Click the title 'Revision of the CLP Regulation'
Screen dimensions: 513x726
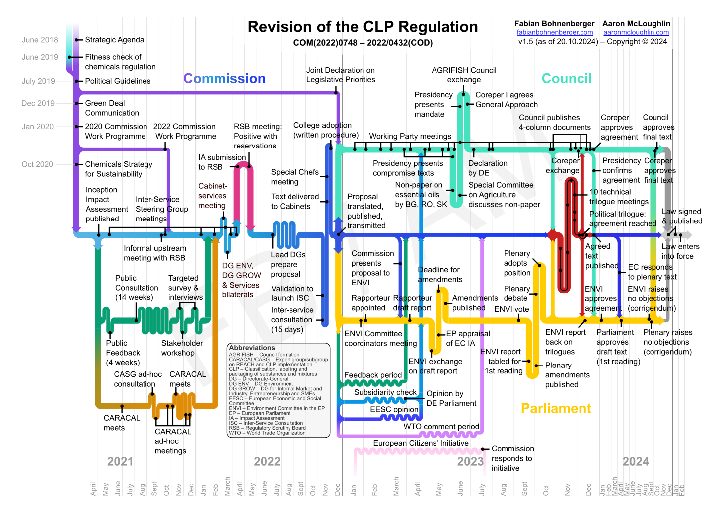point(363,27)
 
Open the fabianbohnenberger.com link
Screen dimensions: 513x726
point(555,32)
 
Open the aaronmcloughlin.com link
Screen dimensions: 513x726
point(636,32)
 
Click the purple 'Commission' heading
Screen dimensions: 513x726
point(224,79)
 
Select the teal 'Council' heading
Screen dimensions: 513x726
point(567,79)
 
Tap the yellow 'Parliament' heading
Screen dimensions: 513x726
point(556,408)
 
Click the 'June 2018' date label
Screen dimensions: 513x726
point(40,40)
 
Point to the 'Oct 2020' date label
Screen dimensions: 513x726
point(37,164)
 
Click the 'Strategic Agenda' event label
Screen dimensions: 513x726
point(115,40)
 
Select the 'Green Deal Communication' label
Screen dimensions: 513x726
point(112,108)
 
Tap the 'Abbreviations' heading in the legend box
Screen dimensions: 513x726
point(252,348)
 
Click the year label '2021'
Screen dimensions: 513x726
point(120,462)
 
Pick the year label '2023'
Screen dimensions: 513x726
point(470,462)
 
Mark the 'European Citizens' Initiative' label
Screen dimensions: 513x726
point(421,443)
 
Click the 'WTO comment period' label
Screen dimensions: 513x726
point(441,427)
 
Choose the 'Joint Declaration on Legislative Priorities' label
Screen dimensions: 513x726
point(341,75)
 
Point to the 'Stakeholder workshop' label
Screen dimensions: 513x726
point(182,348)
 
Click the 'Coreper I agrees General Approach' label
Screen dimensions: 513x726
point(506,100)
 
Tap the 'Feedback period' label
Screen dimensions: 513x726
point(373,375)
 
